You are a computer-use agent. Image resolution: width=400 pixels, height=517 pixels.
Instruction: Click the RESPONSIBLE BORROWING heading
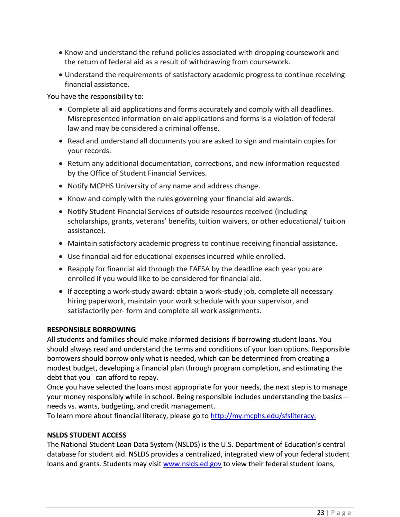click(x=91, y=329)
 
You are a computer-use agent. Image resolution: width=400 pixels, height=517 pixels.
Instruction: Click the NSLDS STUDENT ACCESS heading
click(x=87, y=435)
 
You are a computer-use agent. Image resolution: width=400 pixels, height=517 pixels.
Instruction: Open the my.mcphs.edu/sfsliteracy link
click(x=263, y=416)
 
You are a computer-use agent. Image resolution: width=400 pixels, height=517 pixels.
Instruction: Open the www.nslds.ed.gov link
click(x=192, y=464)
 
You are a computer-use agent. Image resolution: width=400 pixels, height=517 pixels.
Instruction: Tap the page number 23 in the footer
click(x=321, y=513)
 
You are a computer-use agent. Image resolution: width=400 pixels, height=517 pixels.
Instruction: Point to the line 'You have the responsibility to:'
click(x=95, y=96)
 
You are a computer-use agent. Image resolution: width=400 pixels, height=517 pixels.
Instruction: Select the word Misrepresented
click(x=91, y=119)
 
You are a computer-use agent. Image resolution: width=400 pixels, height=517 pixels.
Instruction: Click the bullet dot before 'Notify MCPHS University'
click(x=61, y=186)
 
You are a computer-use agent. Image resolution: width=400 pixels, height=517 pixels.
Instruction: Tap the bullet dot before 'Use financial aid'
click(x=61, y=257)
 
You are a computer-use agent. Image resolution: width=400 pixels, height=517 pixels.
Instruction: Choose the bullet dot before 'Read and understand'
click(x=61, y=141)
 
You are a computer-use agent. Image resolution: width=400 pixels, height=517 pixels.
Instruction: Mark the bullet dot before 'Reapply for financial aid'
click(x=61, y=269)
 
